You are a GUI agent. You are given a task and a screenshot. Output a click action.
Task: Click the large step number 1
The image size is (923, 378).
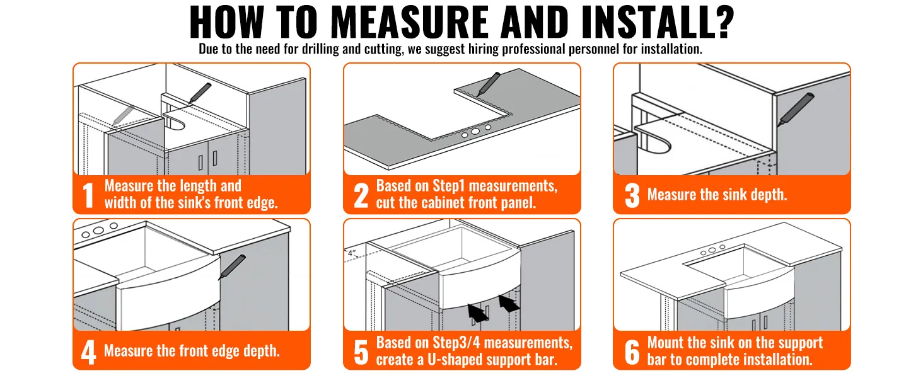89,195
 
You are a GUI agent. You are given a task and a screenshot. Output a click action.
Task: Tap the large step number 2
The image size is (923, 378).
361,195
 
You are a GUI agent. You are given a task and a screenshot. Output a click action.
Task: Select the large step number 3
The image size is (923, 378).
632,195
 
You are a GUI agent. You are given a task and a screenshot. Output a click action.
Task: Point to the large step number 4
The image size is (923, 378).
89,352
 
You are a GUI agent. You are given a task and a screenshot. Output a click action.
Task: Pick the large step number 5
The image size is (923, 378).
361,352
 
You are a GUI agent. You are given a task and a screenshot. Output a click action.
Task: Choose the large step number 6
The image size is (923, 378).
632,352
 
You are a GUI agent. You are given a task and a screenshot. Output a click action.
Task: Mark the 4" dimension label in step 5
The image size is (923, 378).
352,253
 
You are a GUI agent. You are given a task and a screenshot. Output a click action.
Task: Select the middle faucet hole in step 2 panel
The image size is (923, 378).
477,131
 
